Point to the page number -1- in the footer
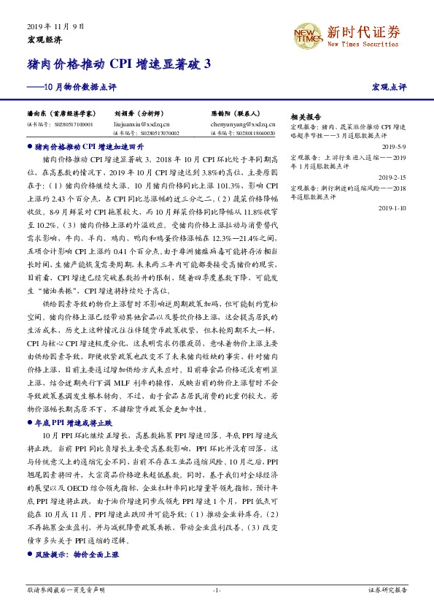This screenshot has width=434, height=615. (217, 589)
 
